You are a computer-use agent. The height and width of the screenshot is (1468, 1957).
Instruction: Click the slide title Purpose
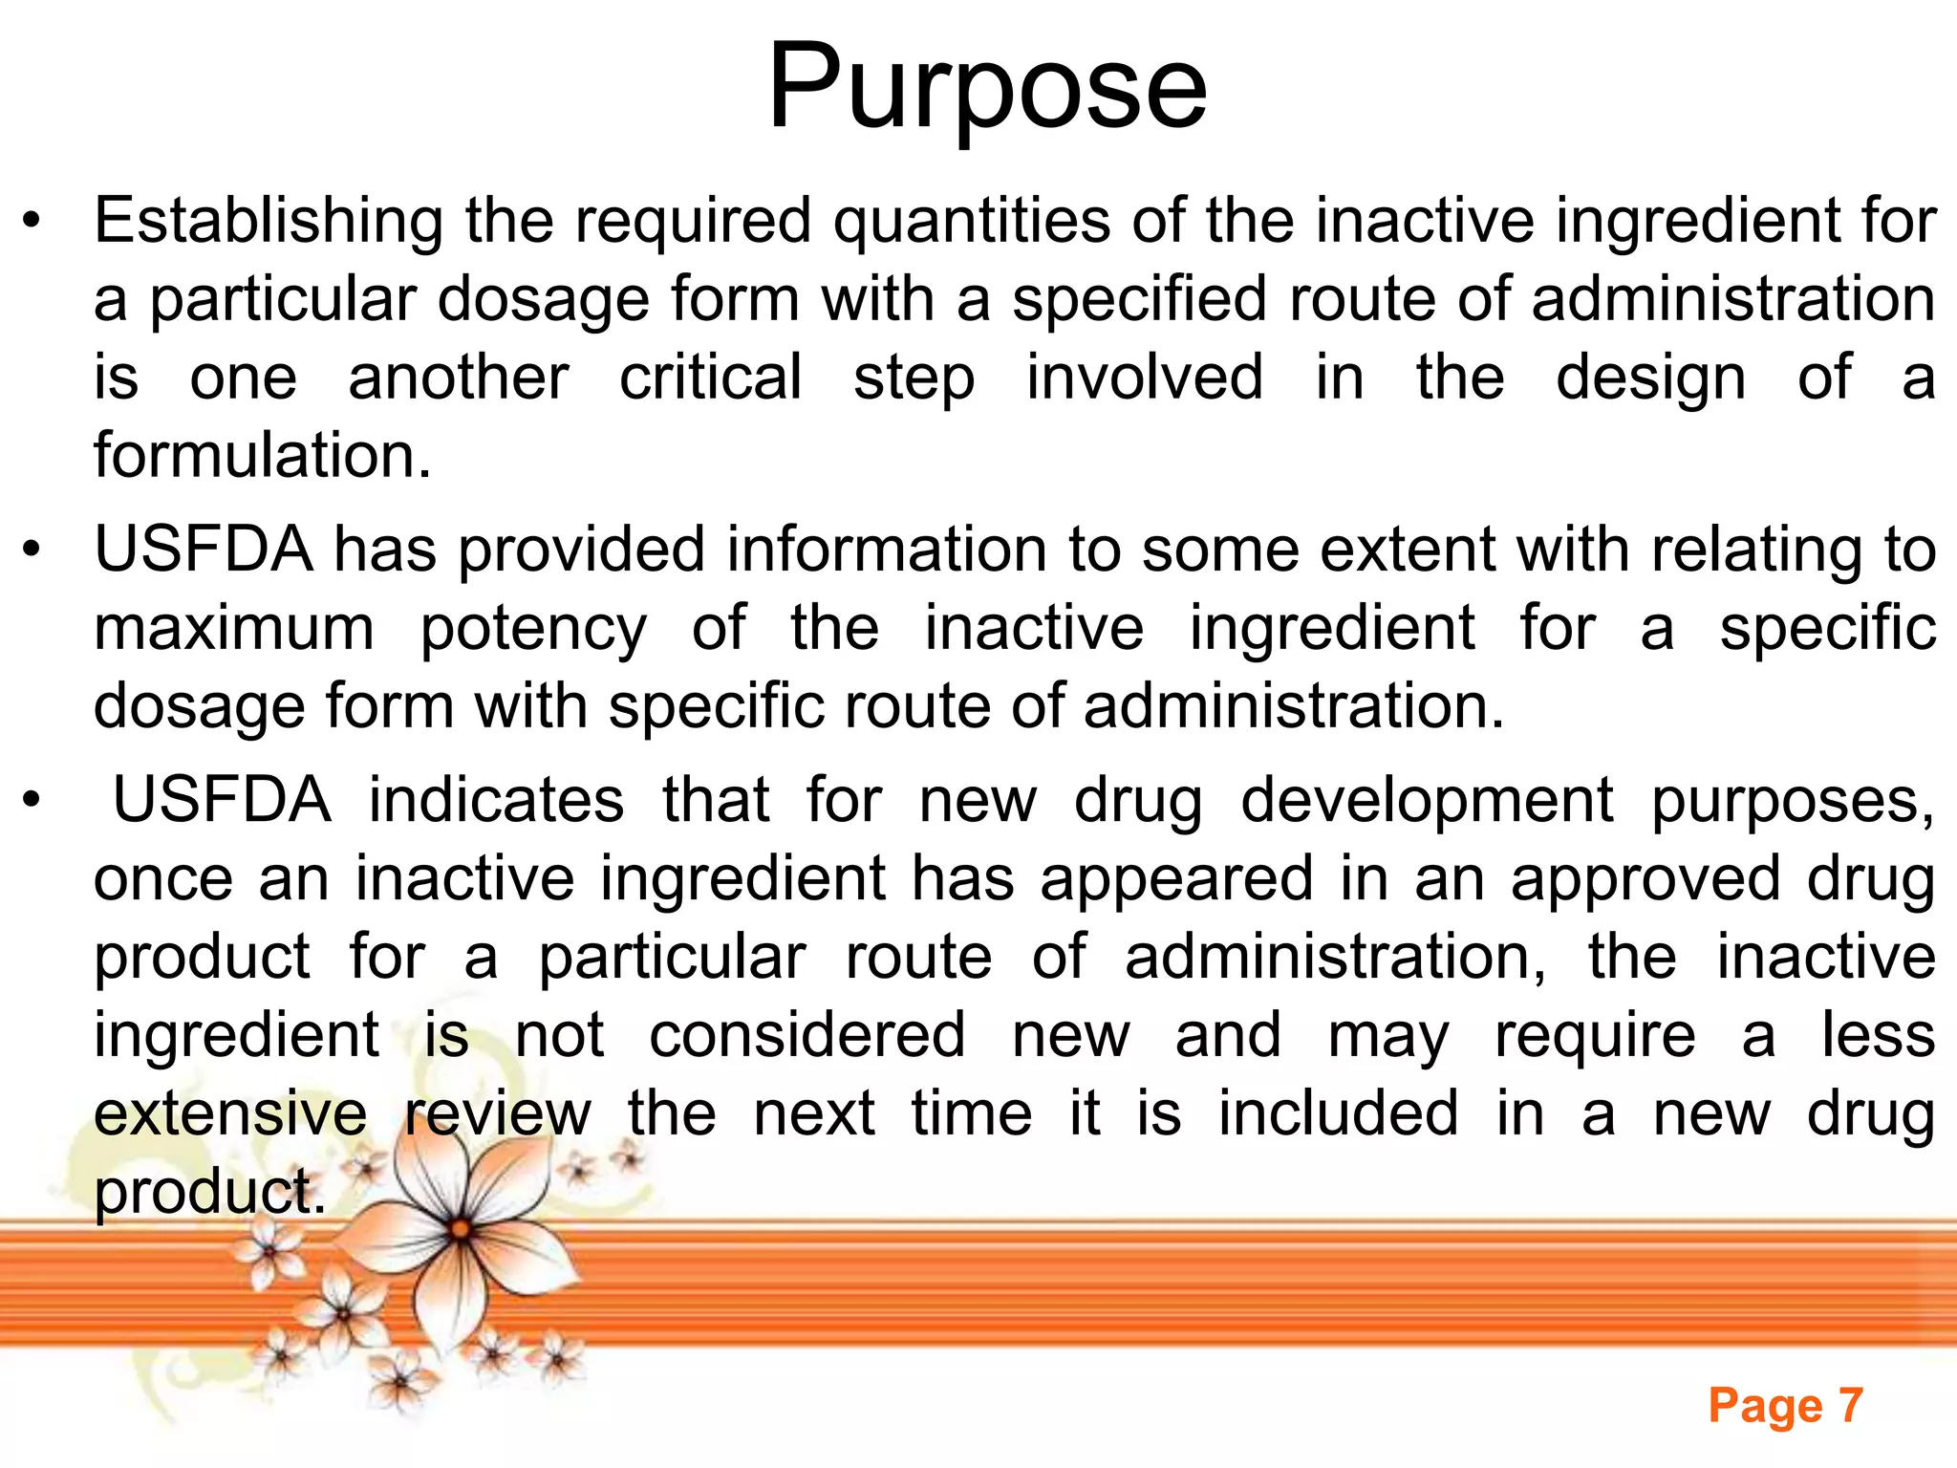tap(987, 89)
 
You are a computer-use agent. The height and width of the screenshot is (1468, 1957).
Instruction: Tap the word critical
tap(710, 378)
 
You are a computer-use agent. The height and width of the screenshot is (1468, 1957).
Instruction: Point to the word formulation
tap(262, 455)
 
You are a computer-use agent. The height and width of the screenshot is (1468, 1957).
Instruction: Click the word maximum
tap(234, 630)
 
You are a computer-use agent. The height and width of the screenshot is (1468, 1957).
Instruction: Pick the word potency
tap(533, 630)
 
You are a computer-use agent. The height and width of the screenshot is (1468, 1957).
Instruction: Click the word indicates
tap(496, 801)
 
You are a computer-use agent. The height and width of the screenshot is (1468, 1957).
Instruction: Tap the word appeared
tap(1176, 879)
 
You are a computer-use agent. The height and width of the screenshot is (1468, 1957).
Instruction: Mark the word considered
tap(807, 1036)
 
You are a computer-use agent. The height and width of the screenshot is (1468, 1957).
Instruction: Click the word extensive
tap(230, 1114)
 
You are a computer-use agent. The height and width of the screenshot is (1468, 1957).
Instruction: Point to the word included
tap(1338, 1114)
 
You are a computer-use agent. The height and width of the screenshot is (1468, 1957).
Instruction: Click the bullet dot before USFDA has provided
tap(32, 551)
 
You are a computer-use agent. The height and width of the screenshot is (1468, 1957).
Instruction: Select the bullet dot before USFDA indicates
tap(32, 802)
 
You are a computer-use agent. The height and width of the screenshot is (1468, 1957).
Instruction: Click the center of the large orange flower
tap(461, 1229)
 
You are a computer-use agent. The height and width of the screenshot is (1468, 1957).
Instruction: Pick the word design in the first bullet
tap(1650, 378)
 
